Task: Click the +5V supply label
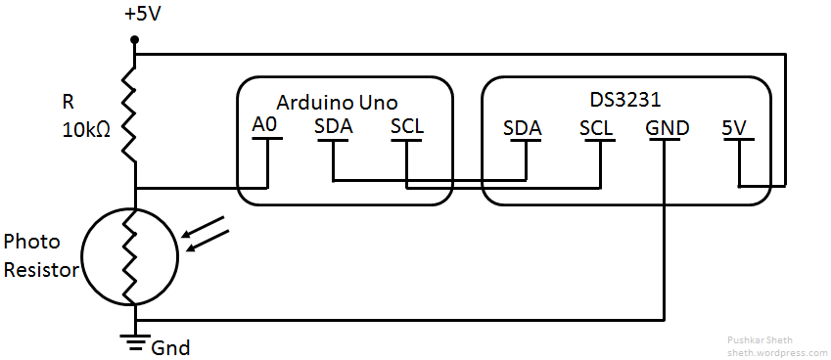pyautogui.click(x=144, y=16)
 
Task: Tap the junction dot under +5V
pyautogui.click(x=135, y=40)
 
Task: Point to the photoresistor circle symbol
pyautogui.click(x=130, y=256)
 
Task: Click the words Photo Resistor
pyautogui.click(x=40, y=255)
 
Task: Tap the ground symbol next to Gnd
pyautogui.click(x=135, y=340)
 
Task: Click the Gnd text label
pyautogui.click(x=170, y=347)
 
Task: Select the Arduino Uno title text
pyautogui.click(x=337, y=103)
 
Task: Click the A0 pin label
pyautogui.click(x=265, y=126)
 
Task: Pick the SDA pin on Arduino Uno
pyautogui.click(x=333, y=126)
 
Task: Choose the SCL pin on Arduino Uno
pyautogui.click(x=406, y=126)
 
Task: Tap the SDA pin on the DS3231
pyautogui.click(x=523, y=127)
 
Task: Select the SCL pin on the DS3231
pyautogui.click(x=596, y=127)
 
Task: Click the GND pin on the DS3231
pyautogui.click(x=667, y=127)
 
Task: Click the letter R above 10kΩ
pyautogui.click(x=68, y=101)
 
